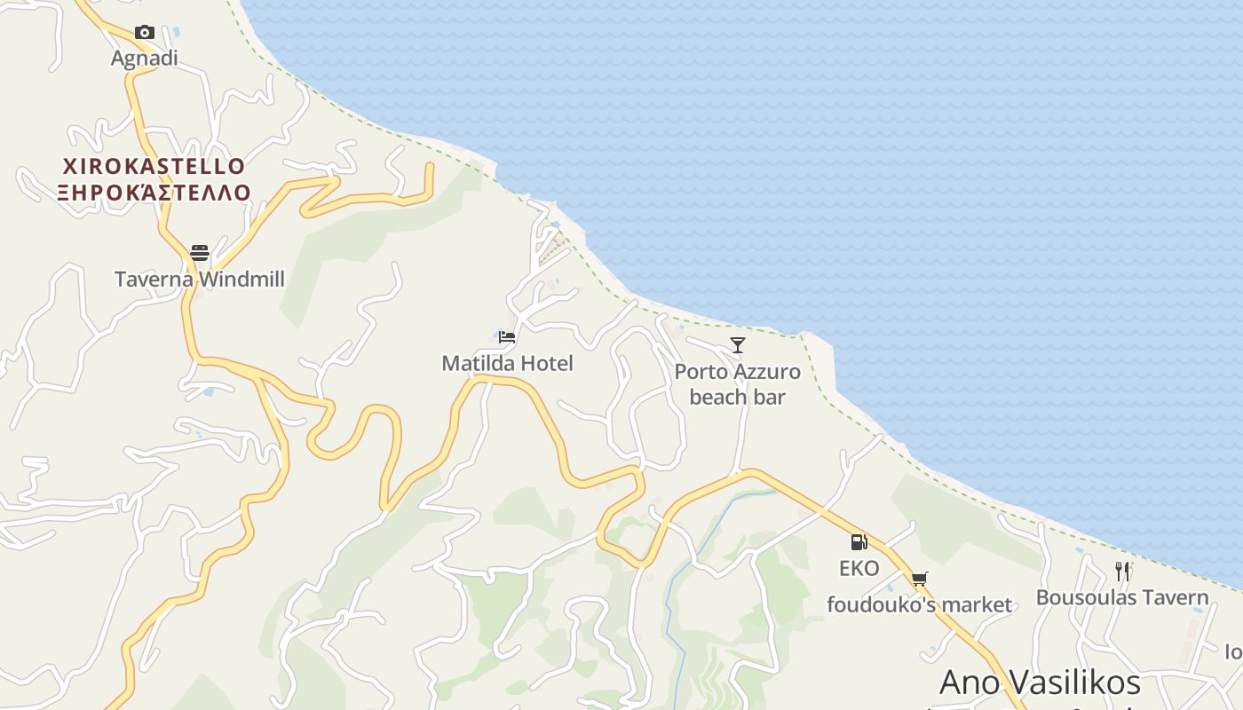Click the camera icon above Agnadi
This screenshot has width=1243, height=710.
(x=144, y=33)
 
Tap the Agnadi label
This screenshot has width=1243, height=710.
(x=144, y=59)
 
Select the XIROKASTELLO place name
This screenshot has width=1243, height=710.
(x=154, y=166)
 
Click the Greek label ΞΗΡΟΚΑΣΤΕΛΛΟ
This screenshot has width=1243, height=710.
(x=154, y=193)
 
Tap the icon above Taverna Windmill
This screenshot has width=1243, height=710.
(x=200, y=253)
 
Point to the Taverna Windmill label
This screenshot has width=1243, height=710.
(x=200, y=280)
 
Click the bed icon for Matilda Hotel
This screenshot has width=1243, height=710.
(x=507, y=337)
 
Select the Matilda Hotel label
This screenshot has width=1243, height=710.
(x=507, y=363)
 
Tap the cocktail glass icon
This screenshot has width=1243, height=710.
(x=738, y=345)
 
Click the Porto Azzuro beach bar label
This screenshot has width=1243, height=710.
(x=738, y=384)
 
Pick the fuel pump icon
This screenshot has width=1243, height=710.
(x=859, y=542)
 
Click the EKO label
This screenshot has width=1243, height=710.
(x=859, y=568)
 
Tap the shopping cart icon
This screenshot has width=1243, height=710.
(x=919, y=580)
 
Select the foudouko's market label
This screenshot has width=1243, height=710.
(x=919, y=605)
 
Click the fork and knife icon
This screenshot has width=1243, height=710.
(x=1122, y=572)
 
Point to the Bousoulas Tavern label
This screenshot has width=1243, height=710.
(x=1122, y=597)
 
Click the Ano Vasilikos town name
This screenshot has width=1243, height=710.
(x=1040, y=682)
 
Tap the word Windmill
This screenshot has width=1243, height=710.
(x=241, y=280)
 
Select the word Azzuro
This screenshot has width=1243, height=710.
(x=764, y=372)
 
